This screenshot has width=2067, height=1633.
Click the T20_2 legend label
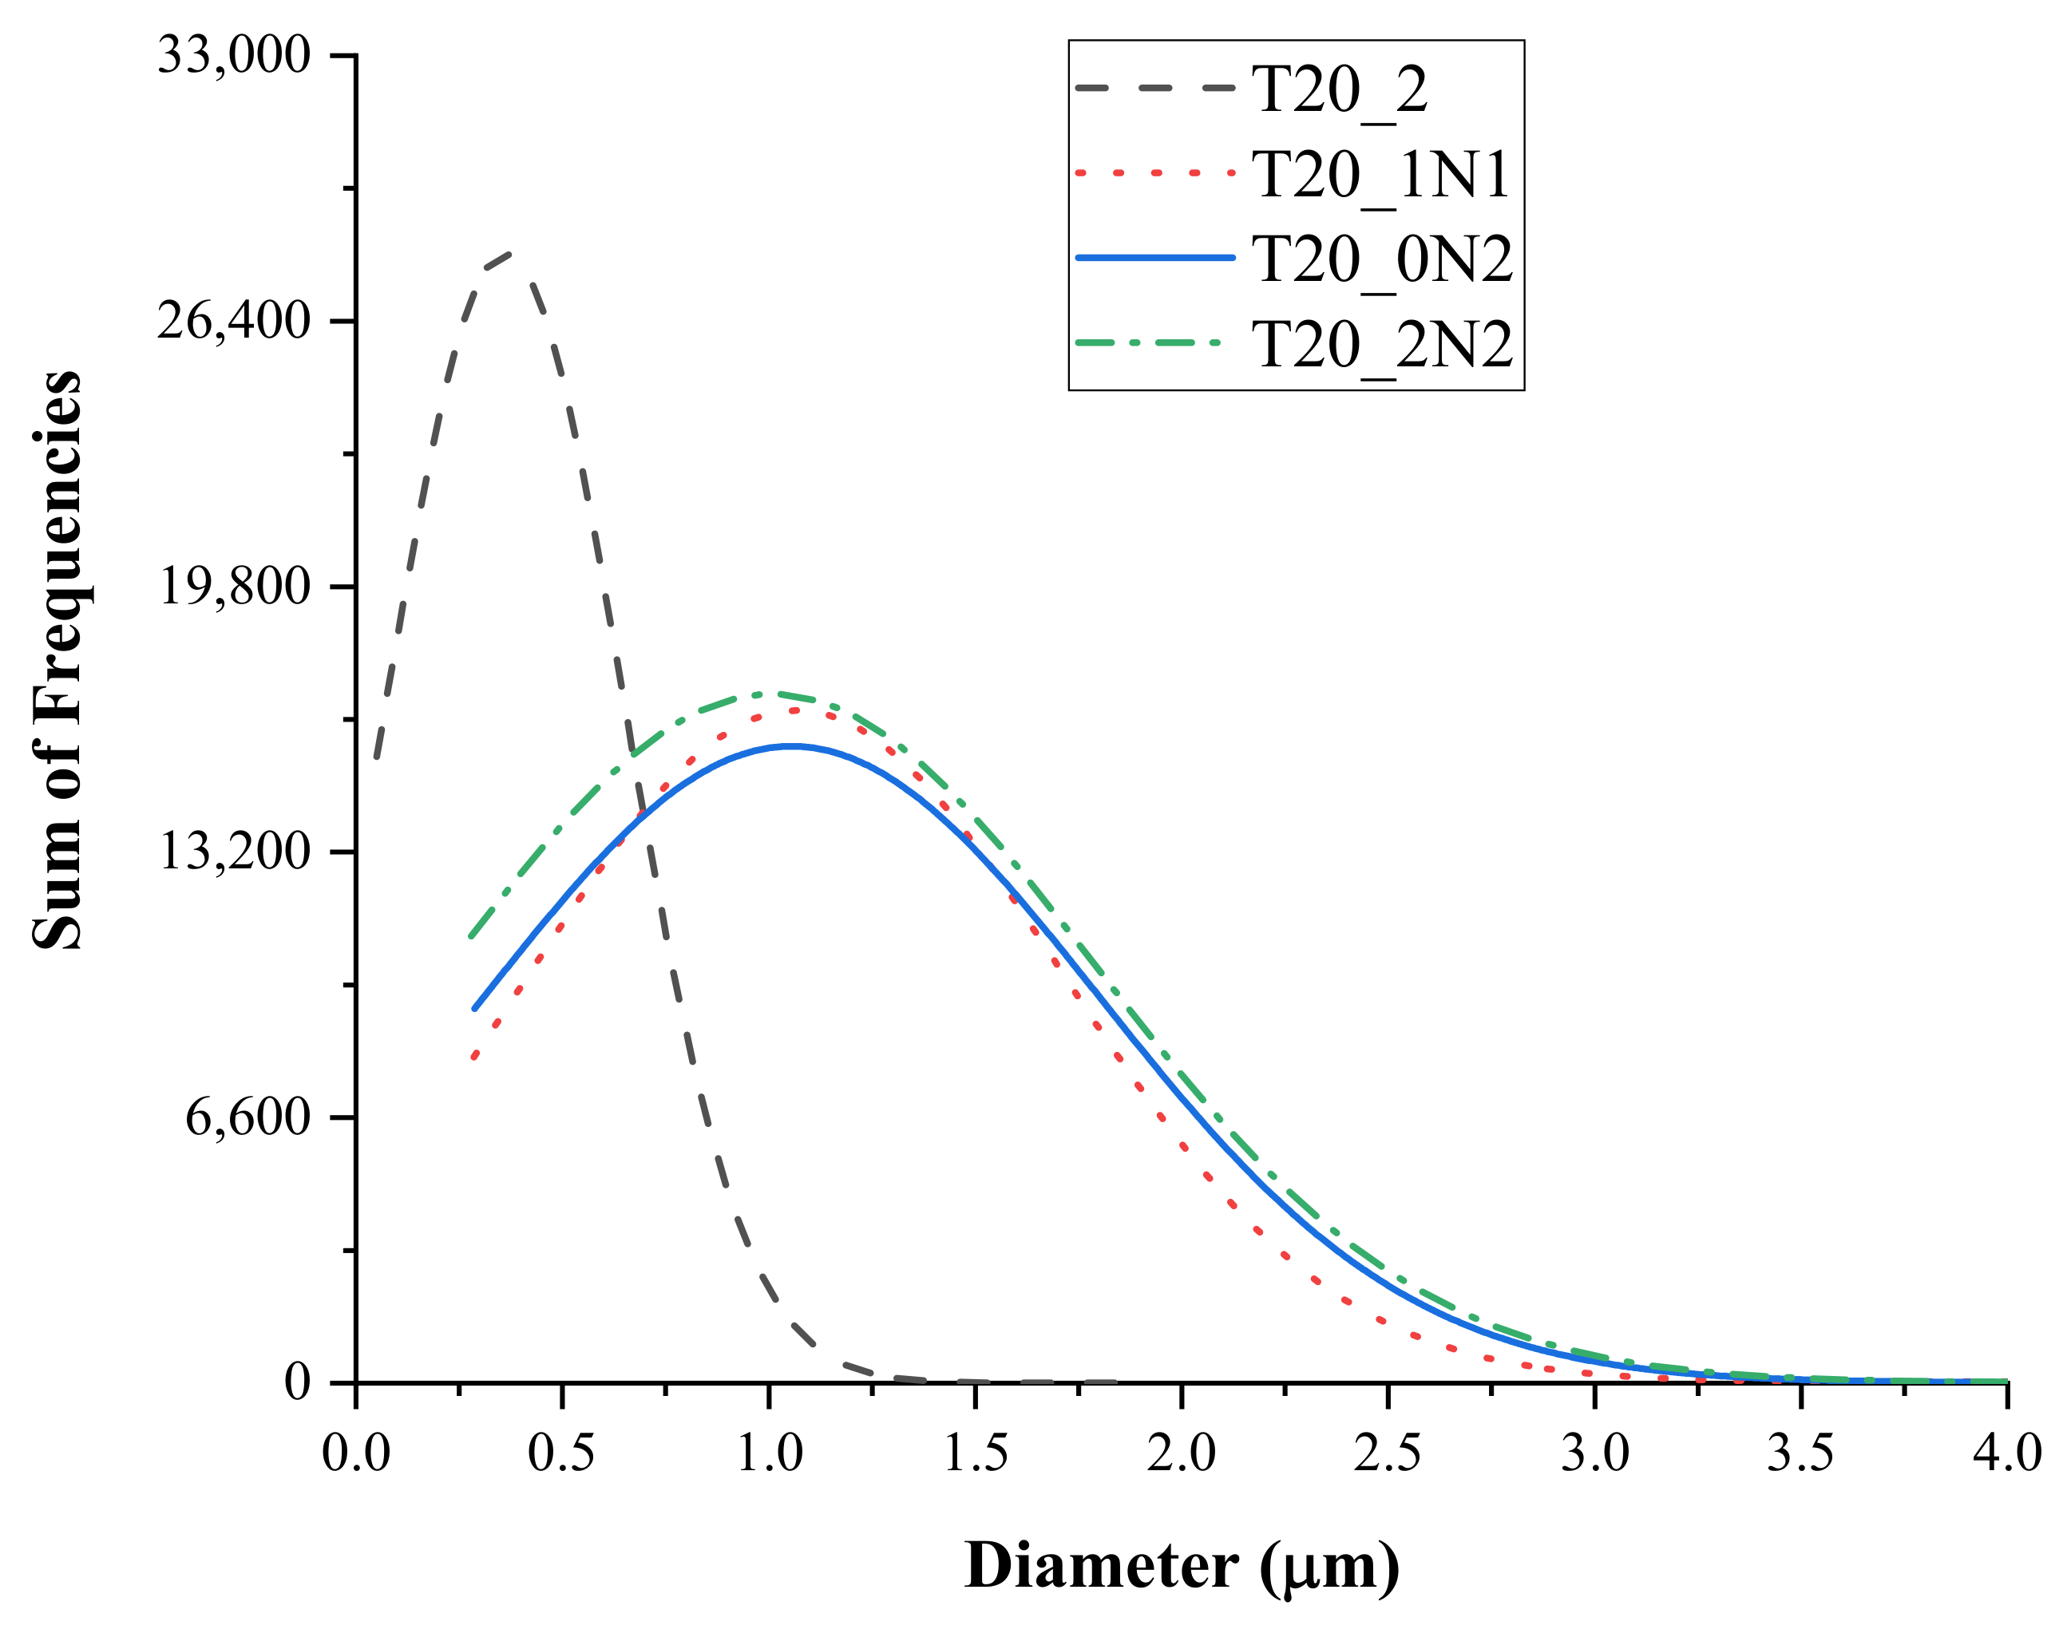pyautogui.click(x=1339, y=91)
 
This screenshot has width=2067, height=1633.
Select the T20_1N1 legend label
pyautogui.click(x=1381, y=175)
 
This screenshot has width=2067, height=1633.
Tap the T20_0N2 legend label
pyautogui.click(x=1382, y=259)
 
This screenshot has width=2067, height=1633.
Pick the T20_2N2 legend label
pyautogui.click(x=1382, y=344)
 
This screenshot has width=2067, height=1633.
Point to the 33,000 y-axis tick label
pyautogui.click(x=235, y=54)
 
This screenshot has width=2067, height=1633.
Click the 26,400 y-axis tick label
pyautogui.click(x=235, y=319)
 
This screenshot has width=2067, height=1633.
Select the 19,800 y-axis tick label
pyautogui.click(x=235, y=585)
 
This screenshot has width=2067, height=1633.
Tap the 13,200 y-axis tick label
pyautogui.click(x=235, y=850)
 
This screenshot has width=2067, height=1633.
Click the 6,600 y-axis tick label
pyautogui.click(x=247, y=1116)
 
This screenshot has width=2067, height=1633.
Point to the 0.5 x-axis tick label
pyautogui.click(x=561, y=1453)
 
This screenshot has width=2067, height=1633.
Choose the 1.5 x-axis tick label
pyautogui.click(x=975, y=1453)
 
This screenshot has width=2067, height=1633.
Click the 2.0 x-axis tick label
pyautogui.click(x=1182, y=1453)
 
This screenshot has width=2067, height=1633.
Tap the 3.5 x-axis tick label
pyautogui.click(x=1800, y=1453)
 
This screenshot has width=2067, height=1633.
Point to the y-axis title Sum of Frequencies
pyautogui.click(x=57, y=660)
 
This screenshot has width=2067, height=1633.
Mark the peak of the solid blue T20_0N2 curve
pyautogui.click(x=791, y=745)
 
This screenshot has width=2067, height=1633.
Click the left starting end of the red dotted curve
pyautogui.click(x=474, y=1058)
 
